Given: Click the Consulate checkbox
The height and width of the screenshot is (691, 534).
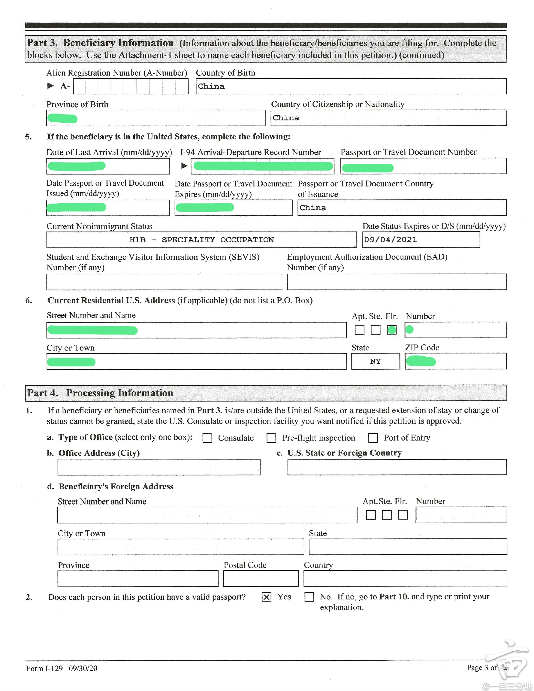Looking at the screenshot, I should point(207,438).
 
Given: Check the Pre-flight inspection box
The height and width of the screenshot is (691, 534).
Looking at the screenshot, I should point(271,438).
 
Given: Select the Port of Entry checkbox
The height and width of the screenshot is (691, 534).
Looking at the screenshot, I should point(373,438).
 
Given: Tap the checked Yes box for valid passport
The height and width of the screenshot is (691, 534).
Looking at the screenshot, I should point(266,597).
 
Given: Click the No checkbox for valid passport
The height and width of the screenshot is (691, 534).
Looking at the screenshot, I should point(309,597).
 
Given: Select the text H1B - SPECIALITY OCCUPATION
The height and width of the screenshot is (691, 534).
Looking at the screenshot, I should point(202,240).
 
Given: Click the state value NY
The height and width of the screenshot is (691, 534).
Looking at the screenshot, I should point(375,361).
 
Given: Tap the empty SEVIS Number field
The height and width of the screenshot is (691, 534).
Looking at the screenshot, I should point(164,282).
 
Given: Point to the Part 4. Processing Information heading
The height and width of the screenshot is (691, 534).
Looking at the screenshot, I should point(100,393).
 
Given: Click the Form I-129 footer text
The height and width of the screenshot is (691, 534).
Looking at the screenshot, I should point(61,668).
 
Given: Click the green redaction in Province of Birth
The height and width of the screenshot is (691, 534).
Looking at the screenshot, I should point(62,119).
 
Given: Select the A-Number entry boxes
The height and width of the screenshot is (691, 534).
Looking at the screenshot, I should point(131,86).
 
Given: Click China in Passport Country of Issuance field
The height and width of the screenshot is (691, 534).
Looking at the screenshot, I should point(313,208).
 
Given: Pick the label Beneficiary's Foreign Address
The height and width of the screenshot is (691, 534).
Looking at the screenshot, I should point(116,487).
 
